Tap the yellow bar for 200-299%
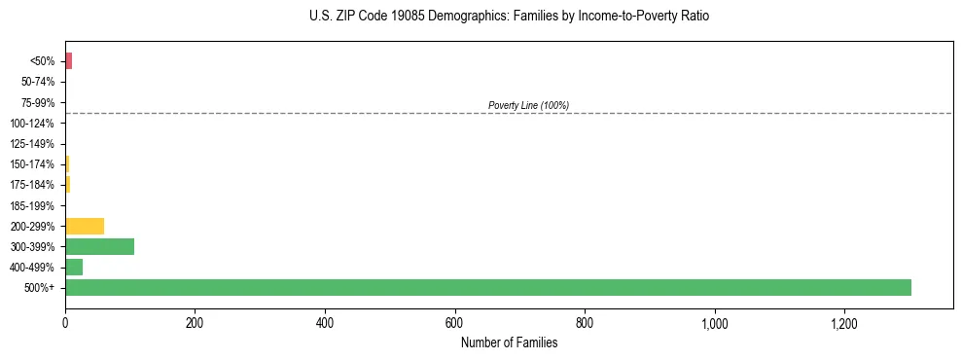click(85, 226)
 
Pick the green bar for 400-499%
click(74, 267)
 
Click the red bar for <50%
click(68, 61)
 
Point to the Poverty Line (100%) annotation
click(528, 105)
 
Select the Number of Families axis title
click(509, 342)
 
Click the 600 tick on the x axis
click(454, 322)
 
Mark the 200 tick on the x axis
click(195, 322)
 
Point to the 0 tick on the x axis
click(65, 322)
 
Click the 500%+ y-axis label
click(40, 288)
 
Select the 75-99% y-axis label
click(37, 103)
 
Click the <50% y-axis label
click(42, 62)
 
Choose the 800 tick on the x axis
click(585, 322)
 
